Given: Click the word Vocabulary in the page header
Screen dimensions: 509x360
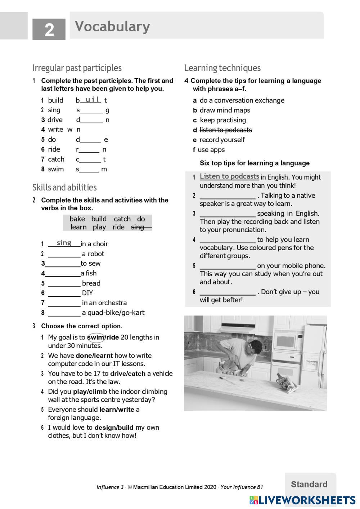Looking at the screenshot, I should pos(112,27).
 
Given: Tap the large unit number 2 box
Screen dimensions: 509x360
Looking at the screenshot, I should pos(49,30).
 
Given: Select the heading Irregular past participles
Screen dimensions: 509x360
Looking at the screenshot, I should pos(77,68).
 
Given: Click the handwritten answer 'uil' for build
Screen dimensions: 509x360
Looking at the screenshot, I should pos(92,99).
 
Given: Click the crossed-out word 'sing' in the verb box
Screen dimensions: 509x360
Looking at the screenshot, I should pos(138,227).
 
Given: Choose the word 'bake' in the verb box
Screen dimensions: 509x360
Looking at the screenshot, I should pos(77,219).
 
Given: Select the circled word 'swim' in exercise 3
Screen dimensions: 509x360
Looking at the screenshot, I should pos(95,338).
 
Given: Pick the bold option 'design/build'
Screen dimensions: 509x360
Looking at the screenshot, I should pos(114,428).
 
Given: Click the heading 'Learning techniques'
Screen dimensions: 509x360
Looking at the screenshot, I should pos(222,68).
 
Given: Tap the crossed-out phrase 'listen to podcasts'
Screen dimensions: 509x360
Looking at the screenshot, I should pos(226,130).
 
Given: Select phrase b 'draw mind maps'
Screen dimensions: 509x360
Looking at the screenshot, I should pos(225,110).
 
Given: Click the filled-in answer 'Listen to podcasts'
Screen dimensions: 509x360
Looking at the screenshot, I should pos(229,176).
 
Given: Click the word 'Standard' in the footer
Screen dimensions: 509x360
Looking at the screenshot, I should pos(309,485).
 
